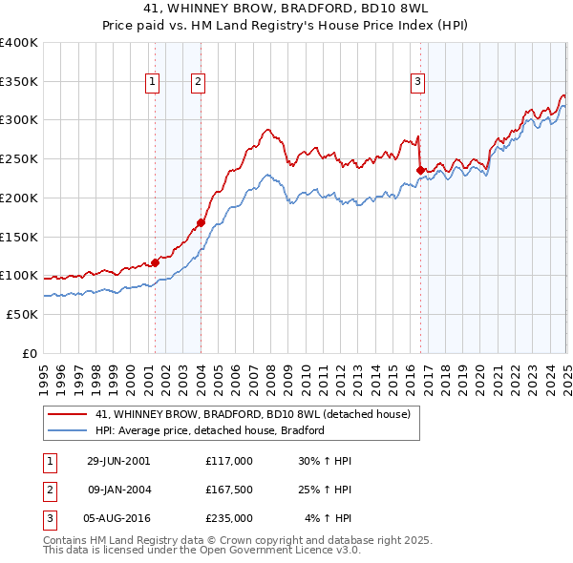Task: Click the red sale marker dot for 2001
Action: click(155, 261)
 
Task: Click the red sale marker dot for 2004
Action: click(201, 222)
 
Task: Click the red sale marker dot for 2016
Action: click(420, 170)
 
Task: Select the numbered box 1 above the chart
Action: click(153, 83)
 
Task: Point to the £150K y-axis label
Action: click(19, 236)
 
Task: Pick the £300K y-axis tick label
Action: click(19, 120)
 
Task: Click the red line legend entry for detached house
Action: click(253, 414)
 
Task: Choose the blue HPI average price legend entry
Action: click(210, 430)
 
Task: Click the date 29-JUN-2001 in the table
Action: click(118, 460)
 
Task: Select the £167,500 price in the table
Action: click(228, 490)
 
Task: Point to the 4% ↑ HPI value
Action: click(329, 519)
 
